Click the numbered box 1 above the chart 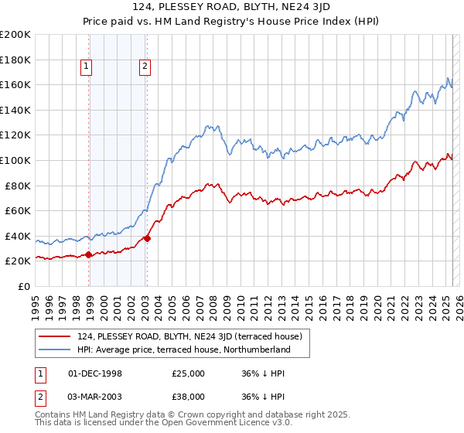coord(86,67)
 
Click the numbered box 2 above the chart coord(145,67)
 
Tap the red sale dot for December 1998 coord(89,254)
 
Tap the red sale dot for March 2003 coord(147,238)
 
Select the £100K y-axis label coord(15,160)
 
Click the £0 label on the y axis coord(23,286)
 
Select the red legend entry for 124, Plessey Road coord(194,336)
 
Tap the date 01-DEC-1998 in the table coord(95,373)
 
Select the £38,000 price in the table coord(188,398)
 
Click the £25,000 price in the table coord(188,373)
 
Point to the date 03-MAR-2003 coord(95,398)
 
